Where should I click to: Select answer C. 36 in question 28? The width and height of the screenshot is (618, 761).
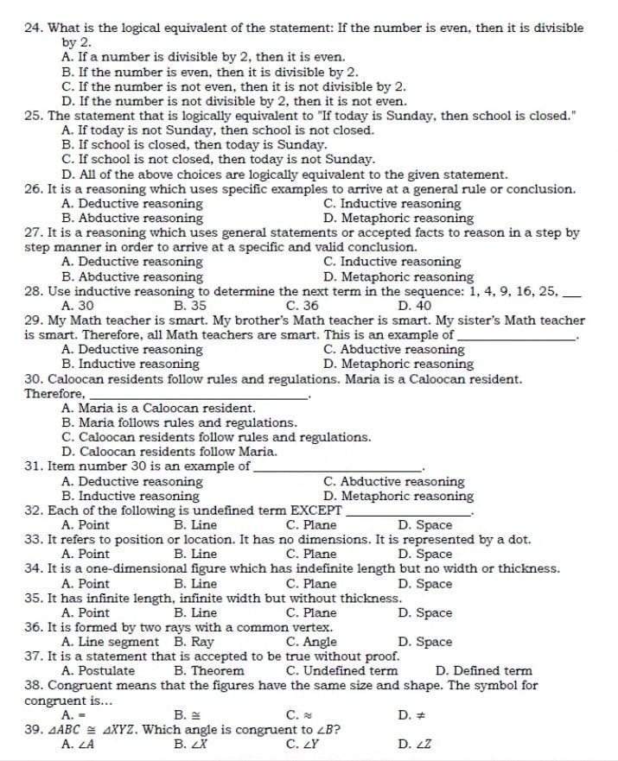[301, 306]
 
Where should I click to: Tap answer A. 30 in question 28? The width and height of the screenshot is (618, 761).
[78, 306]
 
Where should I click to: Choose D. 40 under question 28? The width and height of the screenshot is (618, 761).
[414, 306]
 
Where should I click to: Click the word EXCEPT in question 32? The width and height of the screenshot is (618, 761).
[315, 511]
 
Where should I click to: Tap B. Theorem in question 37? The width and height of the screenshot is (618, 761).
[208, 671]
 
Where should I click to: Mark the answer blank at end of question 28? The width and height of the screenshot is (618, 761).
[571, 292]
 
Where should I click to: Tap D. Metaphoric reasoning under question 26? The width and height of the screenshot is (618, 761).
[398, 219]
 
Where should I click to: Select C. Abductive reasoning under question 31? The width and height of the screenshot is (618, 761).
[393, 481]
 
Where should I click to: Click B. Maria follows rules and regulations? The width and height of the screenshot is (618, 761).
[180, 422]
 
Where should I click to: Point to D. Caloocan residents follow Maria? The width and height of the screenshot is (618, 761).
[170, 452]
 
